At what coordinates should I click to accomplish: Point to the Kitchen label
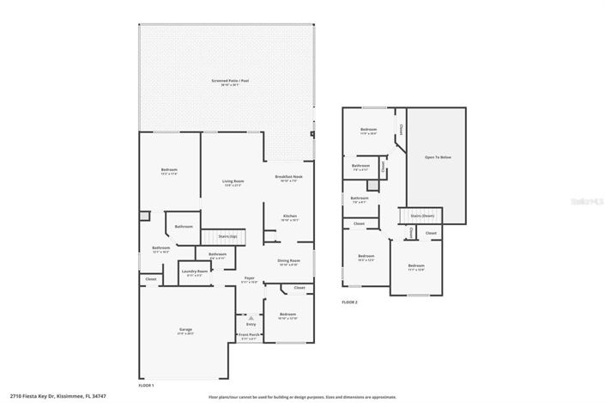[x=290, y=216]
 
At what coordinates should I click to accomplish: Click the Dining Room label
[x=287, y=262]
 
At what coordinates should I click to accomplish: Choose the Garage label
[x=185, y=330]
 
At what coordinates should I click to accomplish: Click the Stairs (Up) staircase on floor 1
[x=227, y=235]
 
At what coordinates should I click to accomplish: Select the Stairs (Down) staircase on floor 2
[x=421, y=215]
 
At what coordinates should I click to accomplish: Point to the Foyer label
[x=249, y=278]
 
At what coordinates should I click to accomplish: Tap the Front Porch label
[x=247, y=336]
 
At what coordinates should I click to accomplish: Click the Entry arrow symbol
[x=251, y=317]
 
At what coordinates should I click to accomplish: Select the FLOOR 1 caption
[x=148, y=386]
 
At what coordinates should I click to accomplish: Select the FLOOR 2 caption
[x=349, y=302]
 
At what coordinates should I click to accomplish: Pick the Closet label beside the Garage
[x=151, y=278]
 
